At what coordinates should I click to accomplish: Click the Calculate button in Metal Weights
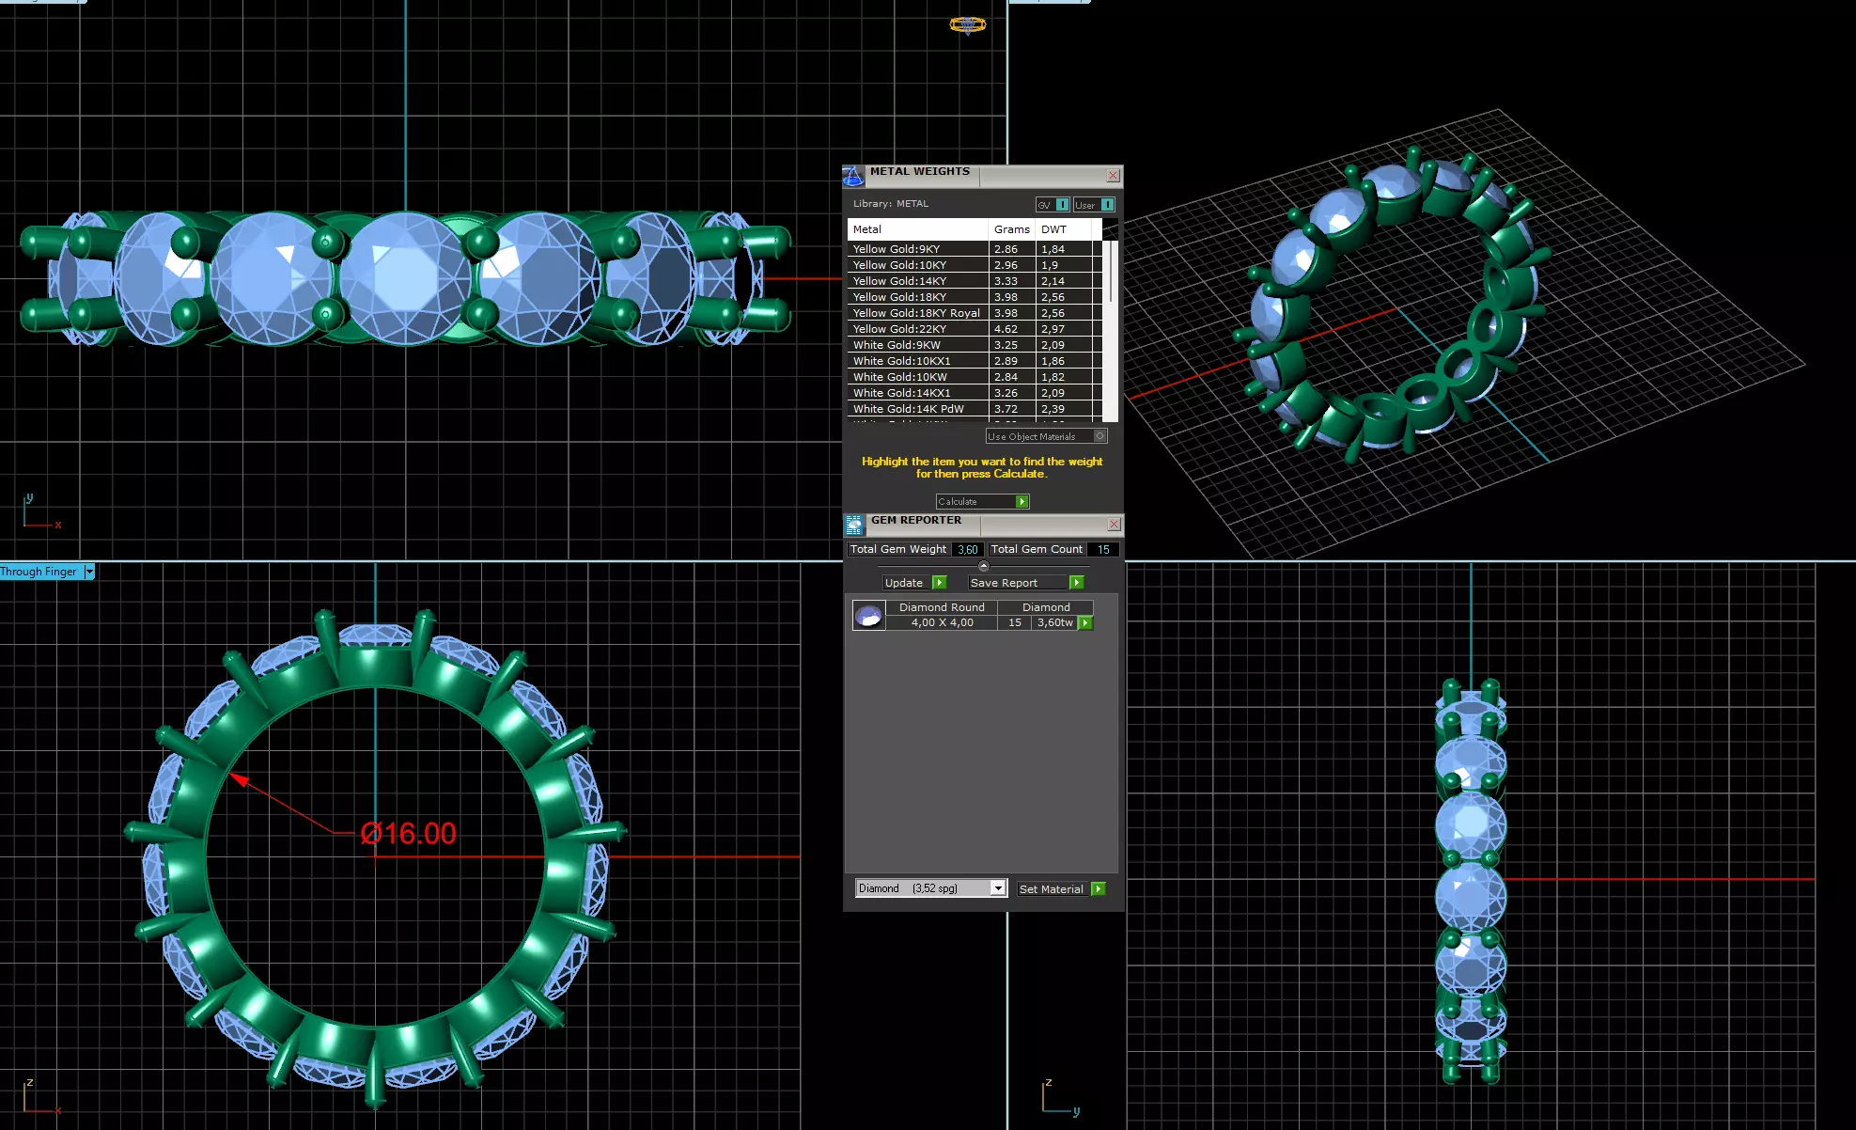981,502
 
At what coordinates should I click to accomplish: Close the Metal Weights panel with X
1113,176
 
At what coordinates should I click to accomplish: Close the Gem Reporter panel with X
1114,525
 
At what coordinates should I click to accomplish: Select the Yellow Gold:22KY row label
899,329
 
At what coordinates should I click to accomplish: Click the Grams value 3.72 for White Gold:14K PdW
1006,409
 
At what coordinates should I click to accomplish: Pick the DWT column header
1053,229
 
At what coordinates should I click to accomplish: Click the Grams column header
1011,229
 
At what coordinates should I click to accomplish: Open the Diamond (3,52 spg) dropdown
998,888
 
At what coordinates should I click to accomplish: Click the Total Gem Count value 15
1103,550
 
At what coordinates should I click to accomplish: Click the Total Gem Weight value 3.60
967,550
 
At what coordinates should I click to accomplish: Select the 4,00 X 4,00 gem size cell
942,623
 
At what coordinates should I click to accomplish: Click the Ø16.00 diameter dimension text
409,834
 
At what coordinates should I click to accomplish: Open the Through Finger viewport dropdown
89,572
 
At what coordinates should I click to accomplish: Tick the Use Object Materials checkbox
1100,436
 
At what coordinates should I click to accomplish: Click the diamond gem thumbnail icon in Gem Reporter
868,616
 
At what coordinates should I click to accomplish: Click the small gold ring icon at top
967,24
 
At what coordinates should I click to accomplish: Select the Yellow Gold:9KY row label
896,249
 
